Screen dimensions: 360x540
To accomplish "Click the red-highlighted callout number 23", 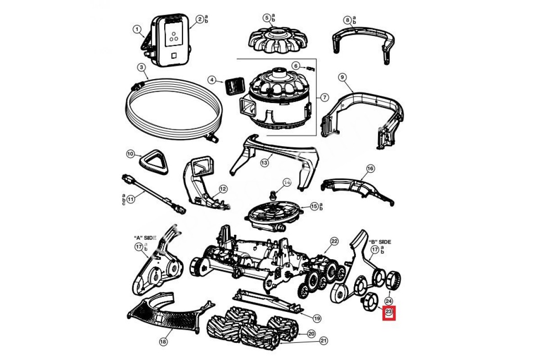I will [388, 311].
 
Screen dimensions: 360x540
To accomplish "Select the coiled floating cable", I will [173, 108].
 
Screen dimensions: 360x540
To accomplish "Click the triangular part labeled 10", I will [153, 162].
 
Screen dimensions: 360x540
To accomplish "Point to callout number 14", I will [287, 182].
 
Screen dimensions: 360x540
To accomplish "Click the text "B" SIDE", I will [380, 242].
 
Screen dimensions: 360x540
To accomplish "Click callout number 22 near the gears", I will [334, 241].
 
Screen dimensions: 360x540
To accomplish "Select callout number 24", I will [388, 301].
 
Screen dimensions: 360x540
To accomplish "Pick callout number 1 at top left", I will [137, 29].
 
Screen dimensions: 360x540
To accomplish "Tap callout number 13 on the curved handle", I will [264, 162].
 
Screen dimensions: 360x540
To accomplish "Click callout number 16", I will [370, 168].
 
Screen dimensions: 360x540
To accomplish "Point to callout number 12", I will [223, 189].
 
